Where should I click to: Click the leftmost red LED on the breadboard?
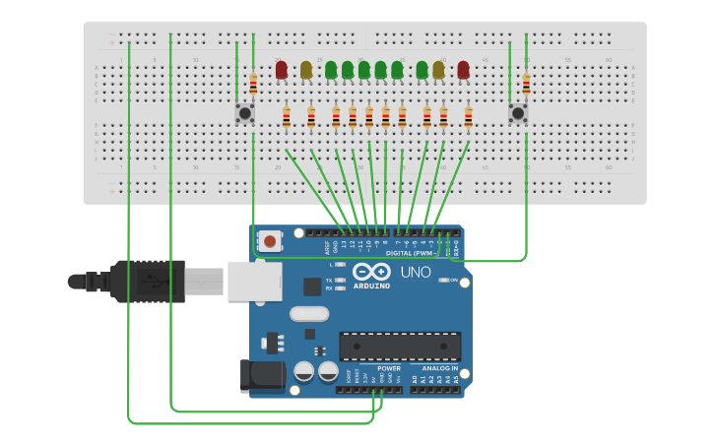click(282, 70)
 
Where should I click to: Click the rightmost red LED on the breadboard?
click(463, 70)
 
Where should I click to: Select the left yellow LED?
click(306, 70)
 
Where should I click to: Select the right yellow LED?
click(438, 70)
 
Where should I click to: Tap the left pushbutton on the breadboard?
click(244, 113)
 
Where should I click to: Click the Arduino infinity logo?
click(371, 272)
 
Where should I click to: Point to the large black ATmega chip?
click(400, 346)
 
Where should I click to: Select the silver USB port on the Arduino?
click(254, 281)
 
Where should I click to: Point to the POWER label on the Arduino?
click(389, 368)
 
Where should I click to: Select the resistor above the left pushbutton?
click(253, 85)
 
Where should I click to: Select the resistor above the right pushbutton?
click(526, 85)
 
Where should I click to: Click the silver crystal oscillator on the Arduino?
click(308, 314)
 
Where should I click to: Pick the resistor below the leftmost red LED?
click(287, 118)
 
